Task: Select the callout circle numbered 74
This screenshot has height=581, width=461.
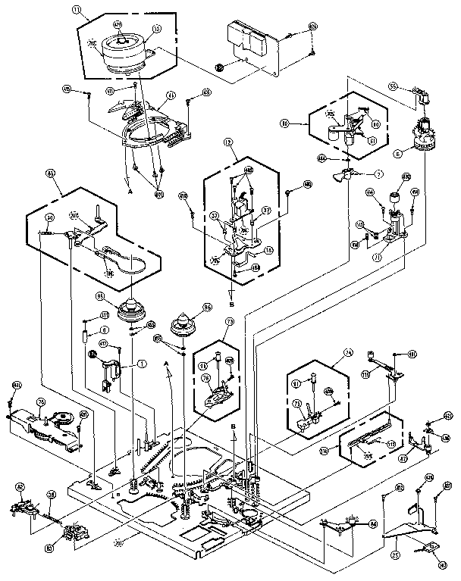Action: pos(348,352)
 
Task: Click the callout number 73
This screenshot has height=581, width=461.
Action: pos(208,322)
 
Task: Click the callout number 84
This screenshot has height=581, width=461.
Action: pos(373,523)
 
